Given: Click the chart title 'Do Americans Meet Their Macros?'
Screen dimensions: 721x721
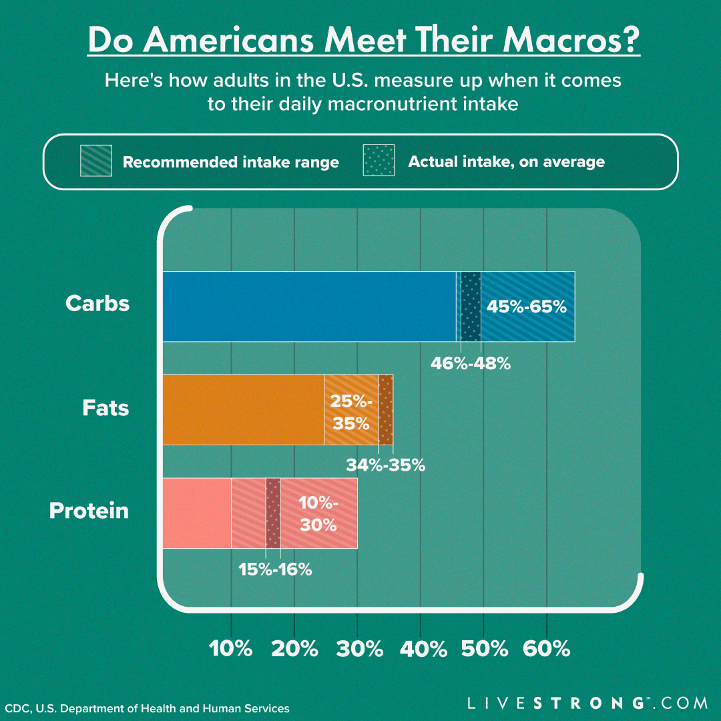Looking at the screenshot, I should click(x=364, y=41).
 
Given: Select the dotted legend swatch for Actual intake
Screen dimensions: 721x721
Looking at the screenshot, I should click(x=379, y=160).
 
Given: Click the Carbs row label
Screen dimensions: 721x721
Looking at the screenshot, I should click(x=97, y=304).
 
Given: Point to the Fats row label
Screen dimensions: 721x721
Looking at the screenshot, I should click(x=105, y=408).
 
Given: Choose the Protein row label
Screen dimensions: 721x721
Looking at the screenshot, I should click(x=89, y=511).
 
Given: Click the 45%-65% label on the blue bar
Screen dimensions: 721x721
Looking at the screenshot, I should click(x=527, y=307).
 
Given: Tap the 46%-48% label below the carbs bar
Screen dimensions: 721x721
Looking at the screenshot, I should click(x=471, y=364).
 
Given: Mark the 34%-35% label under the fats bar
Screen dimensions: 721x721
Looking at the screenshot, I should click(x=385, y=465).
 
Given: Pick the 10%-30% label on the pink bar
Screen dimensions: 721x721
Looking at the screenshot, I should click(x=318, y=513).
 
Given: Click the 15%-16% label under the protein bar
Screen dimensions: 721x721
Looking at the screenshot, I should click(x=276, y=569).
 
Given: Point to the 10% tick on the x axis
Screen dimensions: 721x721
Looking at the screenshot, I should click(x=231, y=648).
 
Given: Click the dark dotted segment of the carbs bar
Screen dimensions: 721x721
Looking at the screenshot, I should click(x=471, y=307).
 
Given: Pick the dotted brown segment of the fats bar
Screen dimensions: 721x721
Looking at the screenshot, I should click(x=385, y=409).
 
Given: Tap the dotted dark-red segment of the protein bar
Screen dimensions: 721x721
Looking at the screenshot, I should click(x=273, y=513).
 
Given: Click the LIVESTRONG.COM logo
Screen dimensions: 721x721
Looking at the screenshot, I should click(x=587, y=703).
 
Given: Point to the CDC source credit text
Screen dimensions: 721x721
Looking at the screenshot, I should click(x=148, y=708).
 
